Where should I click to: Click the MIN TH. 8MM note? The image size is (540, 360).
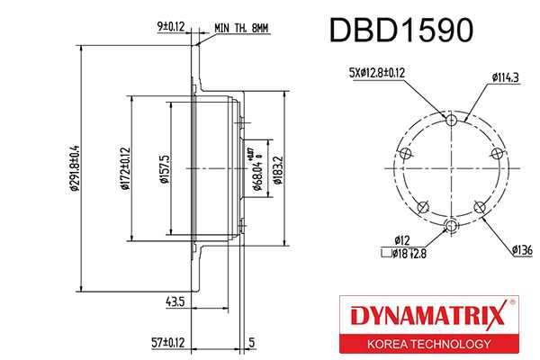[x=242, y=28]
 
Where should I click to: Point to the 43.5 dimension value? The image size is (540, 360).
[x=175, y=301]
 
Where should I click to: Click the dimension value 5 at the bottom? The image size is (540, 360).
[x=253, y=342]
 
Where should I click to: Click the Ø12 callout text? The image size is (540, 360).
[x=403, y=240]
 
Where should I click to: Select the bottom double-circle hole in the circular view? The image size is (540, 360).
[x=453, y=224]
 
